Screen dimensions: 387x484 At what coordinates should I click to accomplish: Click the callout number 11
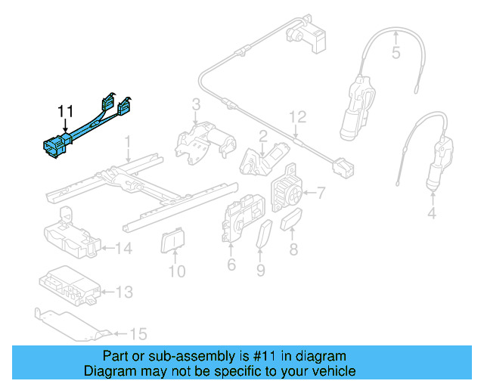pos(67,112)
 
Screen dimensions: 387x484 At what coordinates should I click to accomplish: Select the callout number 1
pos(129,141)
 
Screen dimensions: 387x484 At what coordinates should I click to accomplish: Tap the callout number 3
pos(195,104)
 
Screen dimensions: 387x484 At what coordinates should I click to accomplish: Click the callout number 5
pos(396,53)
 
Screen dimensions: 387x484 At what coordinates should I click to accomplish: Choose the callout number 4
pos(432,214)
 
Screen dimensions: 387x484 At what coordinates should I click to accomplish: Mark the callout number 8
pos(293,247)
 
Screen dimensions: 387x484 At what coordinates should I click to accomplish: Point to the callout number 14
pos(123,247)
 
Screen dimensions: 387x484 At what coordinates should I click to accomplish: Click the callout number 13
pos(123,291)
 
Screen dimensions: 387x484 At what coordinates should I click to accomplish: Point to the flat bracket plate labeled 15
pos(72,322)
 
